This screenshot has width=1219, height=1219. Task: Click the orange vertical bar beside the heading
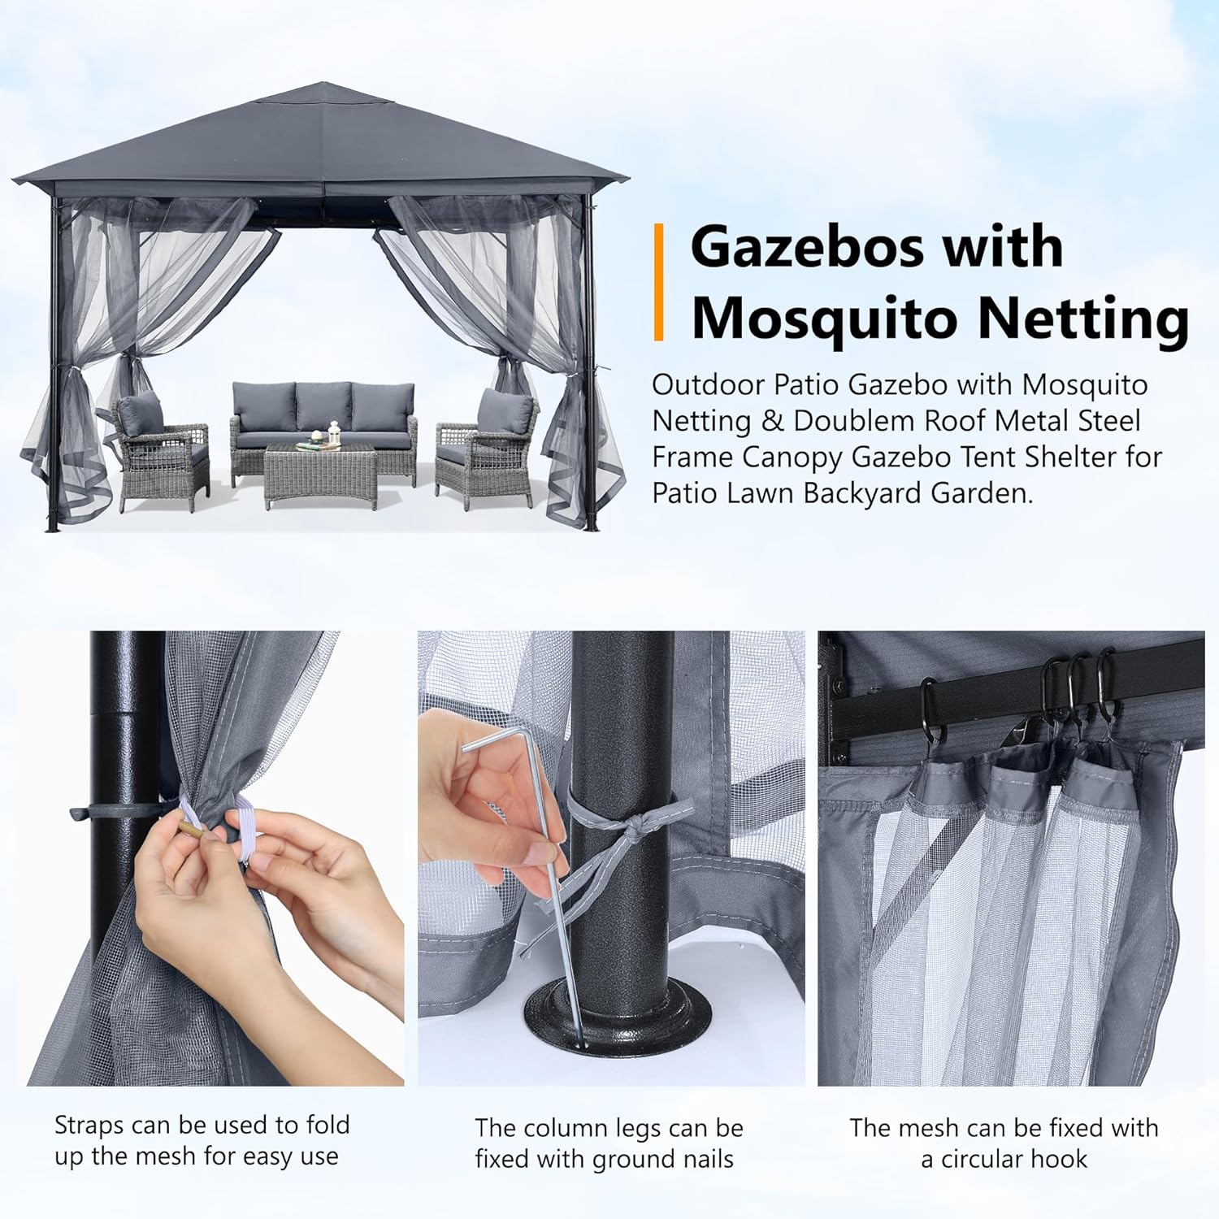pos(659,282)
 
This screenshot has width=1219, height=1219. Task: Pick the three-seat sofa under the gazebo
pos(323,423)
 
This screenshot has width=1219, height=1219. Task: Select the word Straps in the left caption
pos(89,1126)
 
